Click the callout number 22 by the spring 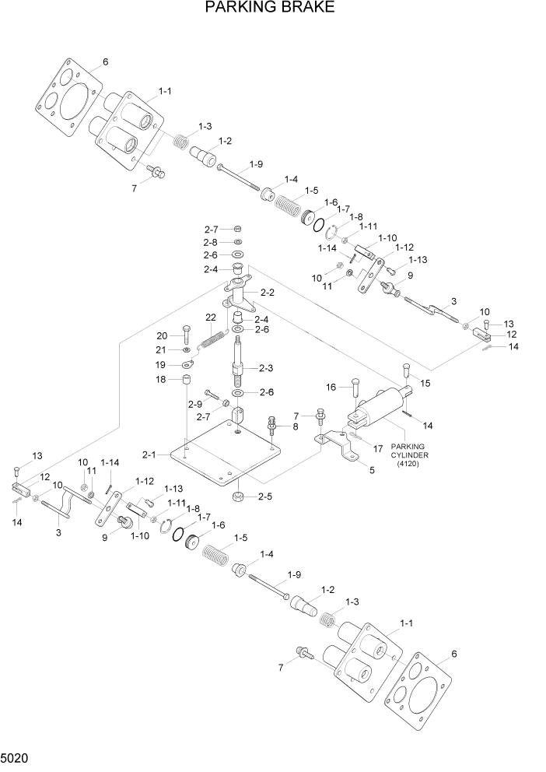click(x=210, y=318)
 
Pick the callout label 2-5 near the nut click(x=264, y=497)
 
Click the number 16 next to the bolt click(x=331, y=387)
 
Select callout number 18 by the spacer click(x=162, y=380)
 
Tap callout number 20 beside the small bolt click(x=162, y=335)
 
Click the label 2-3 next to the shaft click(x=265, y=368)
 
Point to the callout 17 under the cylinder click(x=378, y=449)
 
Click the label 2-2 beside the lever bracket click(x=268, y=293)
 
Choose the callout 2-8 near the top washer click(x=211, y=242)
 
